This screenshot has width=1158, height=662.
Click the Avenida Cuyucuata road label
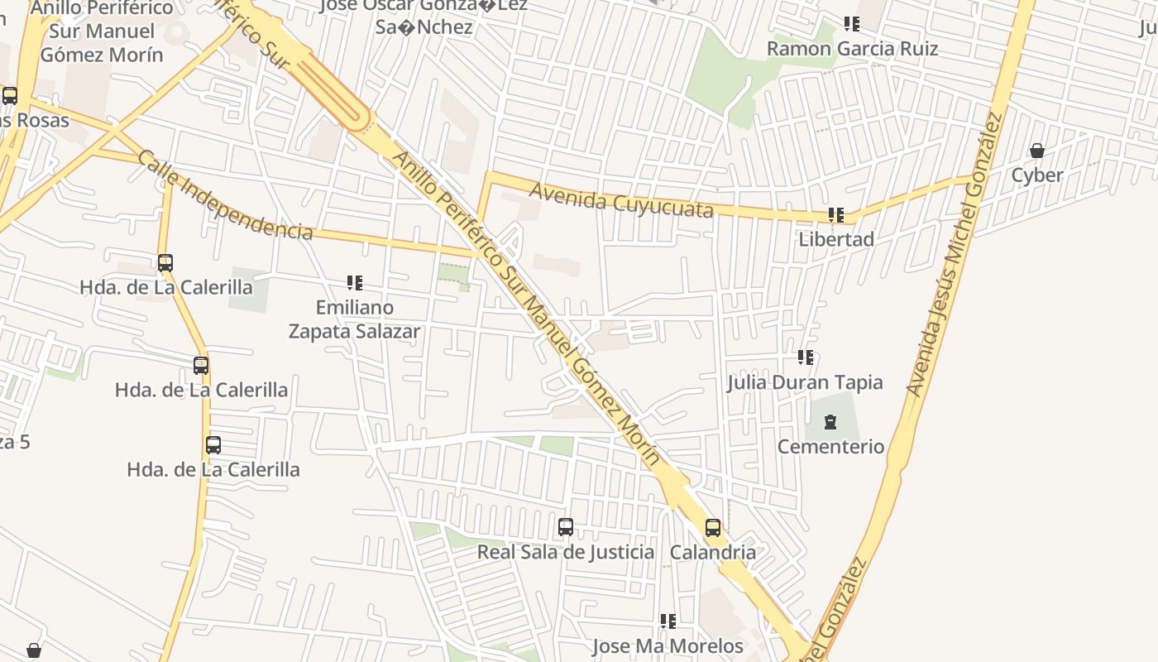click(x=620, y=199)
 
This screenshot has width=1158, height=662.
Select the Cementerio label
click(x=830, y=447)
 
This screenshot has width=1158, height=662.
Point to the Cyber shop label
click(x=1036, y=175)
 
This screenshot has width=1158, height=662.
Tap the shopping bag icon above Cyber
click(x=1036, y=151)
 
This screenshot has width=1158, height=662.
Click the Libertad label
click(x=836, y=240)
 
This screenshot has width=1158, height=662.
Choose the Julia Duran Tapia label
click(x=805, y=382)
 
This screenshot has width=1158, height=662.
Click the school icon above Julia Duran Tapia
click(x=805, y=357)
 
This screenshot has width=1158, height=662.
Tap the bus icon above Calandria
click(x=713, y=528)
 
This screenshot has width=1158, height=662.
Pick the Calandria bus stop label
click(x=713, y=552)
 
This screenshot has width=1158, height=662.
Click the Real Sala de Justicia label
click(x=566, y=552)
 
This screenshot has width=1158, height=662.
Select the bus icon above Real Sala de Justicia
click(x=566, y=527)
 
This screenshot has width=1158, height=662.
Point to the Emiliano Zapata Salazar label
click(x=354, y=319)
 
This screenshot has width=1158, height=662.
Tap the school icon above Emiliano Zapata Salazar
click(x=355, y=283)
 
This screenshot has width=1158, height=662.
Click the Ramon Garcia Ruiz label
click(x=852, y=48)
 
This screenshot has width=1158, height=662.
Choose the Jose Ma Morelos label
click(x=668, y=645)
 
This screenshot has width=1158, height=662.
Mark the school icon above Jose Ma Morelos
click(x=668, y=621)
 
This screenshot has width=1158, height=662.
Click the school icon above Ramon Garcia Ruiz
click(x=851, y=24)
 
